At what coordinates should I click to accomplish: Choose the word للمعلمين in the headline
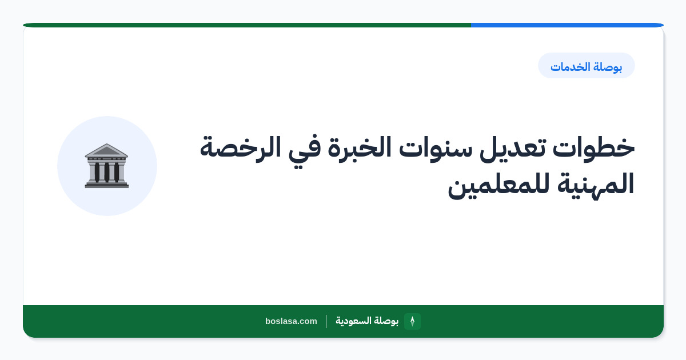(x=498, y=186)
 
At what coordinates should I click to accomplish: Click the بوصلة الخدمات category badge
(x=587, y=66)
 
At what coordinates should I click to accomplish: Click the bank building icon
(x=106, y=166)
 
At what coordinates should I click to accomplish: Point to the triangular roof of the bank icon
(x=106, y=150)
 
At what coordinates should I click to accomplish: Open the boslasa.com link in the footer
(x=291, y=321)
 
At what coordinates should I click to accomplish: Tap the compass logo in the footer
(x=412, y=321)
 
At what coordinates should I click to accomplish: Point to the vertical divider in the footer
(x=326, y=321)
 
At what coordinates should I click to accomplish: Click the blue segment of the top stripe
(x=567, y=25)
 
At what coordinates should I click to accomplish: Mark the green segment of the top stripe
(x=247, y=25)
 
